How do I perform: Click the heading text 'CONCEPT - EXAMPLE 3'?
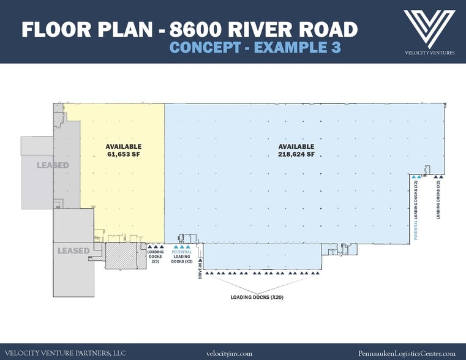[255, 47]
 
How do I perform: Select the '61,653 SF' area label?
[123, 155]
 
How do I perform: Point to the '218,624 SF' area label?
[296, 155]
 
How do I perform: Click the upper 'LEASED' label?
[52, 165]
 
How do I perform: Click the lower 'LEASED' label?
[73, 250]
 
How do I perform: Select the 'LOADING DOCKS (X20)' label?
[257, 297]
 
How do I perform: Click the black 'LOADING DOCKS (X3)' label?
[156, 257]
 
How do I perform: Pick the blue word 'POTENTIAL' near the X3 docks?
[182, 252]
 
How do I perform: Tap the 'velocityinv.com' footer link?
[230, 353]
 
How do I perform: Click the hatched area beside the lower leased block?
[122, 256]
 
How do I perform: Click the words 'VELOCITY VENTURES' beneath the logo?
[429, 53]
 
